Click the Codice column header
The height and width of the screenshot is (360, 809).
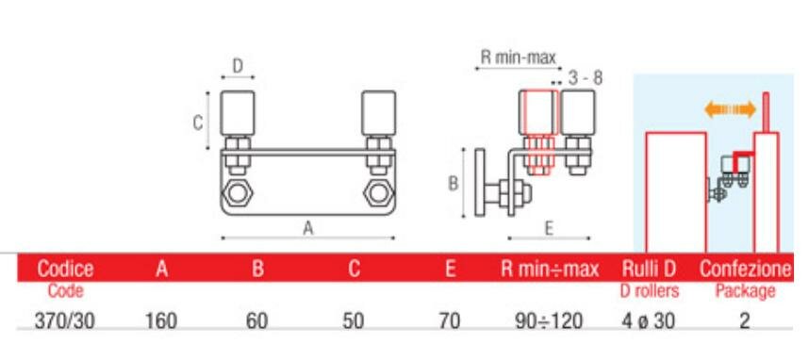[x=65, y=269]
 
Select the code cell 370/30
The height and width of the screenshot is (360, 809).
[x=65, y=321]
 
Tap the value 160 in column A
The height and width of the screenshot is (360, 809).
[x=161, y=321]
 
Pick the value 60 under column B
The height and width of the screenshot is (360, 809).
[x=257, y=321]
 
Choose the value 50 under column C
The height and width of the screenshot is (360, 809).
[x=353, y=321]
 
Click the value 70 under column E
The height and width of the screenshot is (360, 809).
[x=450, y=321]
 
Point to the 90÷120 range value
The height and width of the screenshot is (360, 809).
[x=549, y=321]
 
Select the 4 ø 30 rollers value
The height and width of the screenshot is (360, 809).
[x=649, y=321]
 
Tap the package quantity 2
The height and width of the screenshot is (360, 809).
[x=745, y=321]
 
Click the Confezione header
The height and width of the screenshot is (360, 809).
[x=745, y=269]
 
